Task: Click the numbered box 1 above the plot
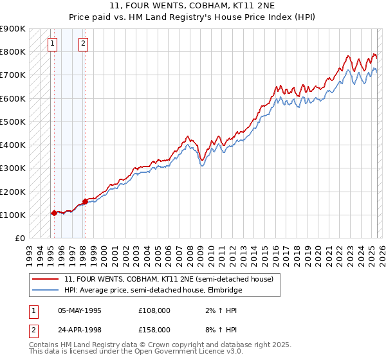coord(52,44)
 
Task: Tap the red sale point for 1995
coord(54,213)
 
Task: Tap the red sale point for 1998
coord(85,201)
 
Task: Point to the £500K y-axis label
coord(13,122)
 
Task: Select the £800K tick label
coord(13,51)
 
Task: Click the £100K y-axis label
coord(13,215)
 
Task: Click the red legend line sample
coord(46,279)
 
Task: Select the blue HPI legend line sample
coord(46,290)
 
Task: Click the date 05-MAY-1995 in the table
coord(80,310)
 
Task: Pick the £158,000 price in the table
coord(154,330)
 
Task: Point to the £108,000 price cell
coord(154,310)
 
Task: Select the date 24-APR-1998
coord(80,330)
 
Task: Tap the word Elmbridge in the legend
coord(224,290)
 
